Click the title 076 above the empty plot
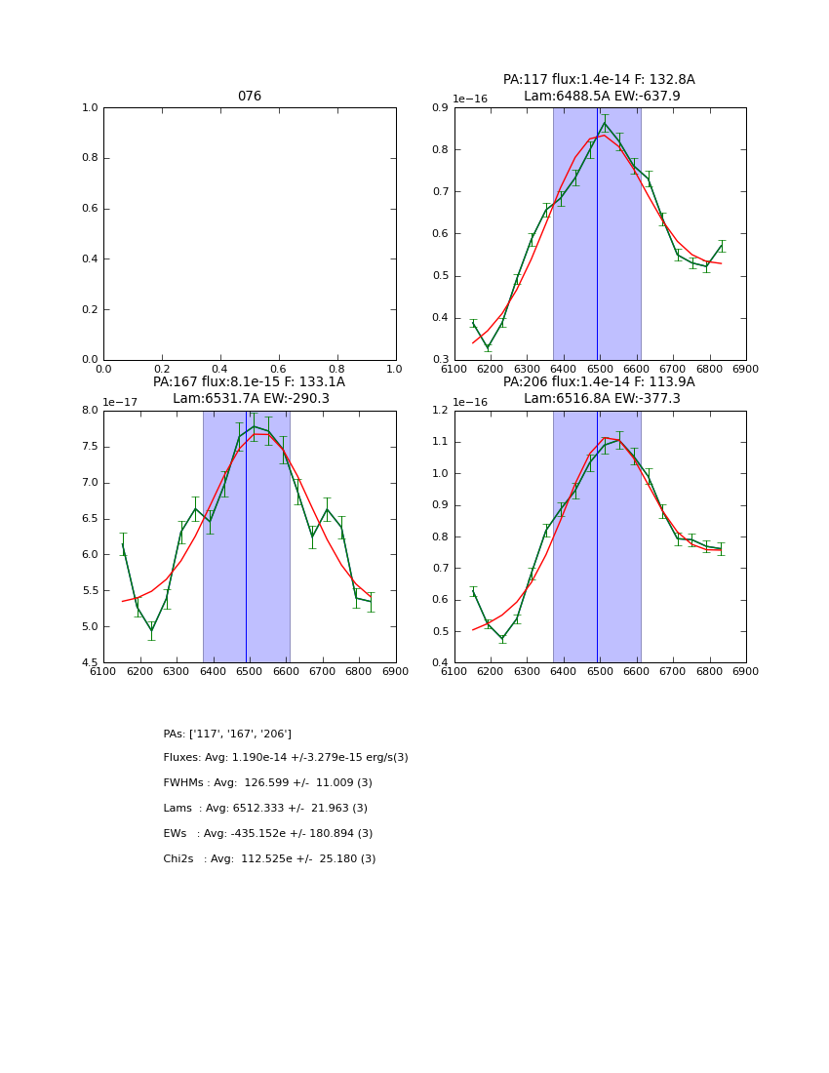coord(250,97)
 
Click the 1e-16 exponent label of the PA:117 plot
coord(470,99)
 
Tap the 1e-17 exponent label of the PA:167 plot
coord(119,402)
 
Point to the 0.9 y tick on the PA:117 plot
coord(438,108)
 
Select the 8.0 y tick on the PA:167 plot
coord(87,411)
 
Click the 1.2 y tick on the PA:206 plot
coord(438,411)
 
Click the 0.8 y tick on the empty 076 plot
coord(87,158)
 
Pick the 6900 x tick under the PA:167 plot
coord(395,672)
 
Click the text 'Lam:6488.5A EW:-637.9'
coord(602,97)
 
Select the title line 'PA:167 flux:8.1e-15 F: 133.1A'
coord(249,382)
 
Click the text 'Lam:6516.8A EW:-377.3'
coord(602,399)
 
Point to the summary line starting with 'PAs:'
coord(227,734)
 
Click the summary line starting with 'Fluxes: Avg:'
coord(286,758)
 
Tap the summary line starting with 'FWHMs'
coord(268,783)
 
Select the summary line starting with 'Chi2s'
coord(269,859)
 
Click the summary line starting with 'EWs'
coord(268,834)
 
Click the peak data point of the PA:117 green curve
coord(604,122)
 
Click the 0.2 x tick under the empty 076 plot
coord(162,370)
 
